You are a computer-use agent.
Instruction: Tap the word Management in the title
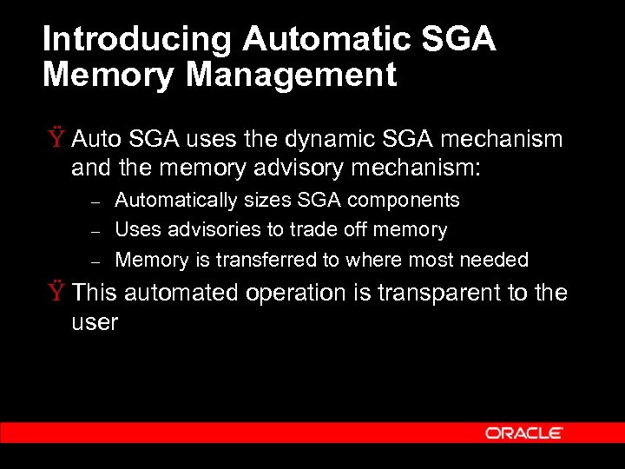pos(291,76)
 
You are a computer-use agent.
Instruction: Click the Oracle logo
pos(524,433)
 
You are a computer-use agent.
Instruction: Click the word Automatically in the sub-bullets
pos(177,201)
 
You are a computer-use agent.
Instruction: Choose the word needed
pos(496,260)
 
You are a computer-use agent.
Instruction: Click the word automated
pos(181,293)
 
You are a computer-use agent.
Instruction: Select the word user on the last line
pos(95,323)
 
